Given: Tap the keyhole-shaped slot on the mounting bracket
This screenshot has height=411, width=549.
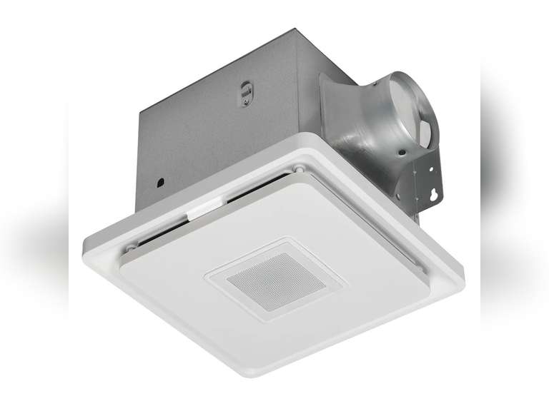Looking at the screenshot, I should [x=430, y=191].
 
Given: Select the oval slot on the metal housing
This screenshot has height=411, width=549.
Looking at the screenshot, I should [x=245, y=93].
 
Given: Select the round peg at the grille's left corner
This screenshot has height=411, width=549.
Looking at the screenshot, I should [x=131, y=246].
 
